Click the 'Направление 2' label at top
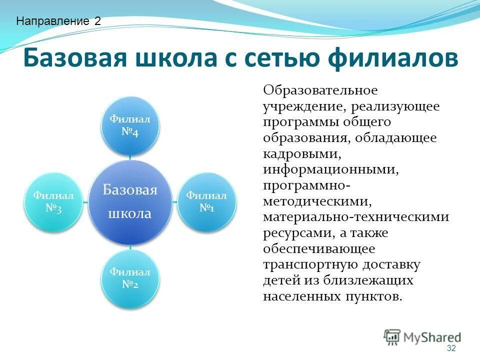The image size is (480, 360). (58, 21)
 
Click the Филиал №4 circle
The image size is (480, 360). (130, 126)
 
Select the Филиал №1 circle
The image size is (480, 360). (206, 201)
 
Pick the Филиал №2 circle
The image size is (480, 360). (130, 278)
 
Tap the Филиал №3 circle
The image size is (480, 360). (53, 202)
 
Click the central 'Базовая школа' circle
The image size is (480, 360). (130, 202)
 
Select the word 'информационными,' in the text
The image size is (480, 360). (331, 169)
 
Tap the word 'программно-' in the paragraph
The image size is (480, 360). (306, 185)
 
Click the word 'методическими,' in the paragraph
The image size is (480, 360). (318, 201)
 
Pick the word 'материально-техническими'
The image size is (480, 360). (356, 217)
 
